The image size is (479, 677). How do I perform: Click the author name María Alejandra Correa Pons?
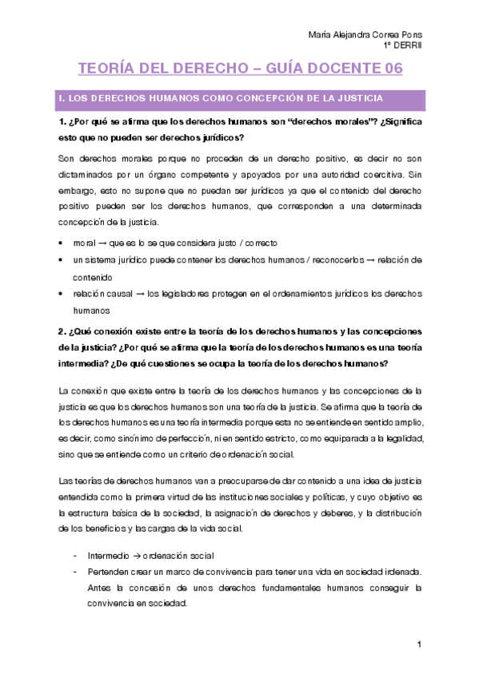click(365, 34)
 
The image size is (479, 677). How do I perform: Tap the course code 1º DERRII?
click(402, 46)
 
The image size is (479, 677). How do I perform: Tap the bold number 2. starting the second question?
click(63, 331)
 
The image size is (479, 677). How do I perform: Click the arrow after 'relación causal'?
click(139, 294)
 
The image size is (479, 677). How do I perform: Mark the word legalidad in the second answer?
click(389, 438)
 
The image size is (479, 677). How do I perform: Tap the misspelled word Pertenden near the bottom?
click(110, 572)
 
